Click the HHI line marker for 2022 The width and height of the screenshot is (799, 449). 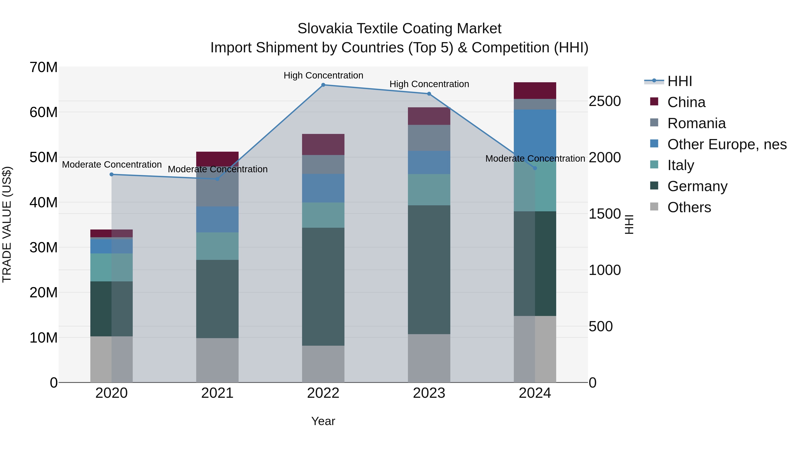point(323,85)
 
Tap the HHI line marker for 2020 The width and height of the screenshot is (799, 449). point(112,175)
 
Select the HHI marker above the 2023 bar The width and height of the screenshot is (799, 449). point(429,94)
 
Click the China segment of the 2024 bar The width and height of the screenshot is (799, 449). point(535,90)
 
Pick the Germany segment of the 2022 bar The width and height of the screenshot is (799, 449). point(323,287)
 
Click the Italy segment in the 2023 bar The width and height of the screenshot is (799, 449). point(429,190)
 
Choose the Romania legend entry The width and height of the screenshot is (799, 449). point(696,123)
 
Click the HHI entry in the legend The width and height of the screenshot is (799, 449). point(679,81)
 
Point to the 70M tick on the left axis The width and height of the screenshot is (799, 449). point(44,67)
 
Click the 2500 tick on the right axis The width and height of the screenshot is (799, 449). point(605,101)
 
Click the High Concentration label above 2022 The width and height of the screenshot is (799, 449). point(323,75)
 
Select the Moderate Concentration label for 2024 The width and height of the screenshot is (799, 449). point(535,158)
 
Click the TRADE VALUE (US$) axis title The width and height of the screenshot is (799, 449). point(7,224)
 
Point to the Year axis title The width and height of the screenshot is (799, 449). point(323,421)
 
